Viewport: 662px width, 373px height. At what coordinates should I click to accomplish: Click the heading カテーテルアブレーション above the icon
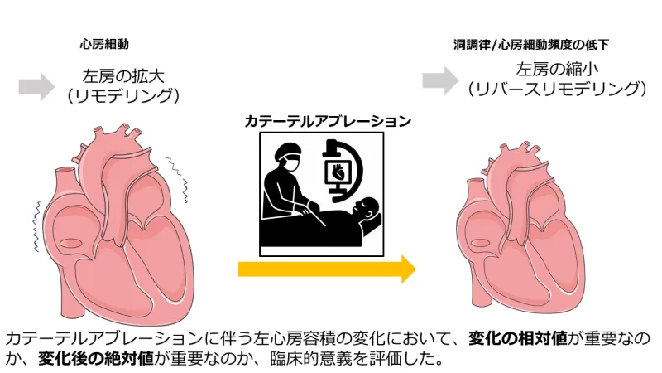click(328, 121)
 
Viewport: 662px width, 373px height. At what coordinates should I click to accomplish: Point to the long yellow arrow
click(327, 269)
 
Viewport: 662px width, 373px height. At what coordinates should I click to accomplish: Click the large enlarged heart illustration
click(124, 224)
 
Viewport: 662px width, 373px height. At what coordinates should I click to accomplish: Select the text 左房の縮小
click(555, 69)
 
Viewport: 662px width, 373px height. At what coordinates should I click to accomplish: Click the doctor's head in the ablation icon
click(289, 156)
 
